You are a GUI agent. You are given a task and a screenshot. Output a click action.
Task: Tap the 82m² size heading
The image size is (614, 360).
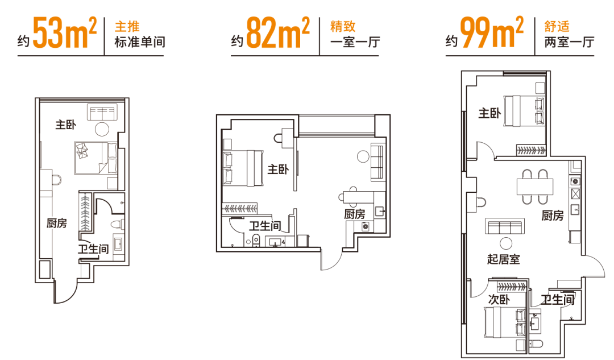point(277,34)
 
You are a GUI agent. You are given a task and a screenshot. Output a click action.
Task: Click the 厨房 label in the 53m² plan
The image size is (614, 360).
point(56,224)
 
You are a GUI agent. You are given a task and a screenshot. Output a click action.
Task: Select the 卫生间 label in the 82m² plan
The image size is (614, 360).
point(264,226)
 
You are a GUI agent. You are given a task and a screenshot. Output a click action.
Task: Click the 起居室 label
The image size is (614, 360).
point(504,259)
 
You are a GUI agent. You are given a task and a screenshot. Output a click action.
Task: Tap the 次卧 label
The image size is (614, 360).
point(499,300)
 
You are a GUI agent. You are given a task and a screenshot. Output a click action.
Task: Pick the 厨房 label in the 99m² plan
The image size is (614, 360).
point(553,216)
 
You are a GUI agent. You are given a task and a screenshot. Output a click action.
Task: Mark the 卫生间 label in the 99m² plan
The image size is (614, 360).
point(558,300)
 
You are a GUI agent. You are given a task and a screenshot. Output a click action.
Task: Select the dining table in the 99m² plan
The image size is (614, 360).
point(534,187)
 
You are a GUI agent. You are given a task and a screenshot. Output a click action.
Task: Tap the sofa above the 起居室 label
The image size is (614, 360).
point(504,226)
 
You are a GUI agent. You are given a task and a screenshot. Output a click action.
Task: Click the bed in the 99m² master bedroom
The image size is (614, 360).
point(523,109)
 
